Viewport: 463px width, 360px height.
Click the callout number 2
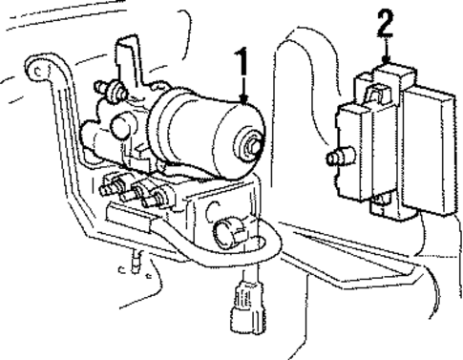tap(385, 20)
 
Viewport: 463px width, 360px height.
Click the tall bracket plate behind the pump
tap(129, 62)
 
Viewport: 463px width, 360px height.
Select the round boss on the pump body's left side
tap(120, 126)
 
